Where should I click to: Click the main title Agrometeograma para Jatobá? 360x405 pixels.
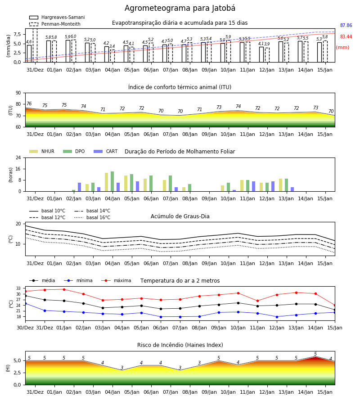coord(180,8)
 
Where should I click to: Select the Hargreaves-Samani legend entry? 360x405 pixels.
coord(57,17)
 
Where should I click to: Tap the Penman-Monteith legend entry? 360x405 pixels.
coord(55,24)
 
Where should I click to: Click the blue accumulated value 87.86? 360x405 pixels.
coord(346,25)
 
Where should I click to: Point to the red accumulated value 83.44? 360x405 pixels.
coord(346,37)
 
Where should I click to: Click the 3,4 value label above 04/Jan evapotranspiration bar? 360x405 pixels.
coord(112,46)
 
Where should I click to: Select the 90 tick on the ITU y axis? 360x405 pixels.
coord(18,93)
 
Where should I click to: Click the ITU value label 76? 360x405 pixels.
coord(29,103)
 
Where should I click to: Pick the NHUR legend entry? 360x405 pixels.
coord(42,151)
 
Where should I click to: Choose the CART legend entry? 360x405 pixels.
coord(106,151)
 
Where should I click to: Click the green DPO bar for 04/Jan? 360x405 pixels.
coord(112,181)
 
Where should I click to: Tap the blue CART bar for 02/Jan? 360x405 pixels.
coord(79,187)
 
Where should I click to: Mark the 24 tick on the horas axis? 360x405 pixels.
coord(18,157)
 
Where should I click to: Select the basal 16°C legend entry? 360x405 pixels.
coord(92,217)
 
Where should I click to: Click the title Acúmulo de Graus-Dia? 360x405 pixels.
coord(180,216)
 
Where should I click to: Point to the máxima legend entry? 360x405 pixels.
coord(116,280)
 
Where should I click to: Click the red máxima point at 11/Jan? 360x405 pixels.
coord(257,301)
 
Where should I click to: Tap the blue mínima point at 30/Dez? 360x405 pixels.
coord(25,303)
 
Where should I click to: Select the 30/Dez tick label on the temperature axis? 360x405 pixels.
coord(25,328)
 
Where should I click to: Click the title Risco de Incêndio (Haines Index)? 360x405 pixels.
coord(180,345)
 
